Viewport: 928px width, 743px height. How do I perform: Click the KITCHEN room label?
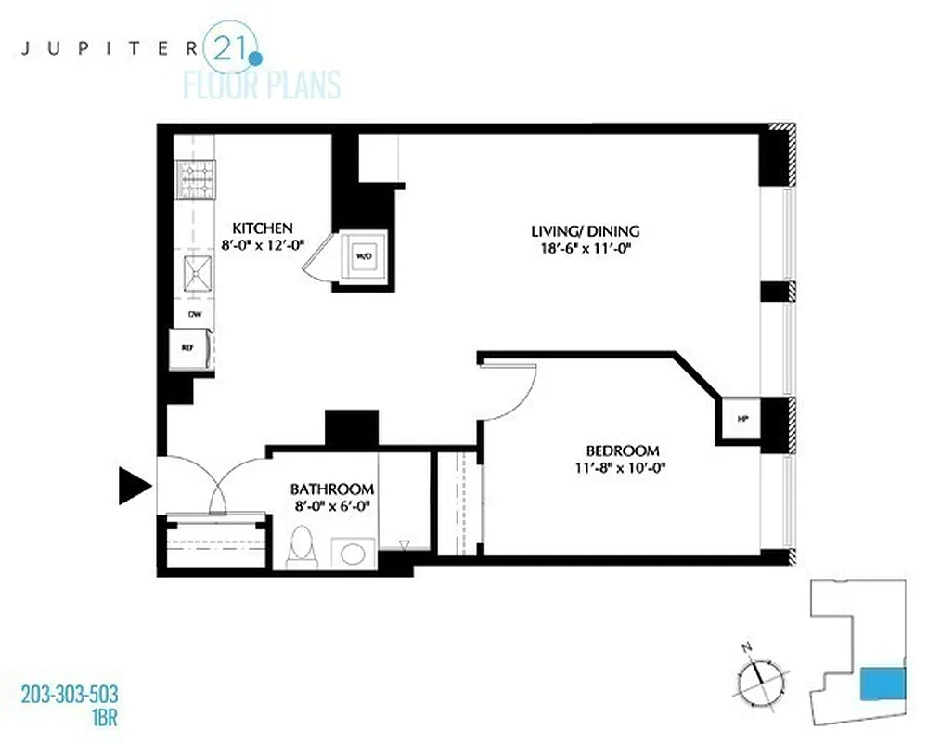click(x=263, y=228)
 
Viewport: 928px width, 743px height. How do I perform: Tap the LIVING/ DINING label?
click(x=586, y=231)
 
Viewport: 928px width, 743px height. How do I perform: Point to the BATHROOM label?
click(x=332, y=489)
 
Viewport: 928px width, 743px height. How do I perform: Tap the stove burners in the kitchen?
click(x=196, y=180)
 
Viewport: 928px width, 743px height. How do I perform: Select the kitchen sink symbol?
click(x=196, y=277)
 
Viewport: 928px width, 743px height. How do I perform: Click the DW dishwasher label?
click(x=195, y=314)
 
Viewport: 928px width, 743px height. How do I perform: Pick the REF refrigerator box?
click(x=188, y=348)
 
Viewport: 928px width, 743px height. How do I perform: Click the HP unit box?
click(x=741, y=419)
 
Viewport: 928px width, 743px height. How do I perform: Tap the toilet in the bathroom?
click(x=302, y=549)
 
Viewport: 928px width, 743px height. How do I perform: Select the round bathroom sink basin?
click(x=353, y=554)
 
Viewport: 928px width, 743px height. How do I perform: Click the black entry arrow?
click(x=135, y=485)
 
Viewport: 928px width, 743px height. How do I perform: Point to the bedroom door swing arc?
click(x=515, y=395)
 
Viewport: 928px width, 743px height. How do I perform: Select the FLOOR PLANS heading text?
click(x=262, y=85)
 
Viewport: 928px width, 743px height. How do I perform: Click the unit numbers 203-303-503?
click(x=69, y=694)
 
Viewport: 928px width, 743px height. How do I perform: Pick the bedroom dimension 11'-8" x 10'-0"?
click(x=621, y=468)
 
